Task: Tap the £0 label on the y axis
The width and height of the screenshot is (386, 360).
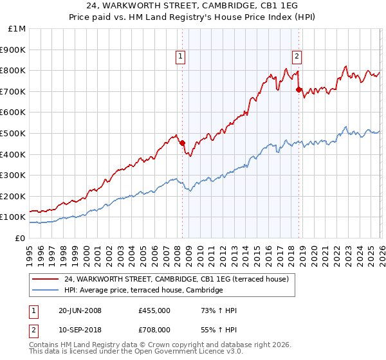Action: tap(20, 238)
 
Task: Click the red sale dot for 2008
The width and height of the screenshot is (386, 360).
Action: tap(182, 143)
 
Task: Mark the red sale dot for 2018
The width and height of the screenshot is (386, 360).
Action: tap(299, 90)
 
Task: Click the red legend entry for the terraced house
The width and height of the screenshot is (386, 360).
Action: tap(179, 279)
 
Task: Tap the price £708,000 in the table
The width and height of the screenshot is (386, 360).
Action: tap(154, 328)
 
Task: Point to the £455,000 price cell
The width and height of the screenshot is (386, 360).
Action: tap(154, 310)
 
